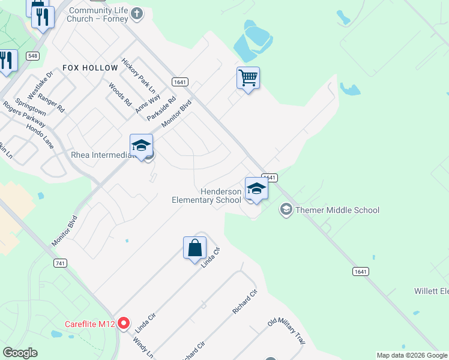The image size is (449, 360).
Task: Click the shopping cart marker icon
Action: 248,78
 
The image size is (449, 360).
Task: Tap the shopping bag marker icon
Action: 195,248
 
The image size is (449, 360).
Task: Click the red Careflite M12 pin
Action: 124,324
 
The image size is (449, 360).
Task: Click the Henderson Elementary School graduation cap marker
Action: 256,189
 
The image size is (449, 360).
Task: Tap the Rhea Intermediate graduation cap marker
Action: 141,146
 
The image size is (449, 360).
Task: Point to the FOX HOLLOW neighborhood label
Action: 90,68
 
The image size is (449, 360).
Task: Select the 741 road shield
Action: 59,263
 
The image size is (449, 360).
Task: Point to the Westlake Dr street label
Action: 44,83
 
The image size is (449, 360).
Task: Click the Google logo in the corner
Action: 20,353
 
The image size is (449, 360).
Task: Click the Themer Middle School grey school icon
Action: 286,209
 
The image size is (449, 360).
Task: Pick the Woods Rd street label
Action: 120,95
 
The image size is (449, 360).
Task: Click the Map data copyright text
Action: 412,355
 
